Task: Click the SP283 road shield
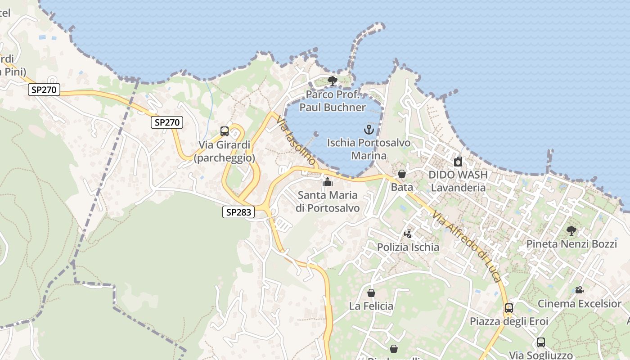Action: (x=238, y=212)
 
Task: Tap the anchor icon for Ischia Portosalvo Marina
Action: (x=369, y=130)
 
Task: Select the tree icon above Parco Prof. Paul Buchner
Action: (x=333, y=81)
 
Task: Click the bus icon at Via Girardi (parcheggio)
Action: (x=225, y=131)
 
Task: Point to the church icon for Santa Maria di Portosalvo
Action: (x=328, y=182)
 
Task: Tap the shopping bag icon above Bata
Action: (x=402, y=174)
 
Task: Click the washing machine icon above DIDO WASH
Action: (x=458, y=162)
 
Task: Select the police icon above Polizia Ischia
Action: (x=408, y=234)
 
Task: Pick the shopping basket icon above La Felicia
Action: (x=371, y=293)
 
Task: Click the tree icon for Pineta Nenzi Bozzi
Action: (x=571, y=231)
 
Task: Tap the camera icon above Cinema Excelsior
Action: (x=579, y=290)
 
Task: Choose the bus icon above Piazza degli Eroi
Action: (x=509, y=308)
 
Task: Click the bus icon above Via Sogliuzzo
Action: (x=541, y=342)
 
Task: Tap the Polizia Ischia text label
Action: (x=408, y=247)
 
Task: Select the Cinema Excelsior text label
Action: (x=580, y=304)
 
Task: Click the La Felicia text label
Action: (x=371, y=306)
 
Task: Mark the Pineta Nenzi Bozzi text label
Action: (x=571, y=244)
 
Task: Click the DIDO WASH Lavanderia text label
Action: (x=458, y=181)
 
